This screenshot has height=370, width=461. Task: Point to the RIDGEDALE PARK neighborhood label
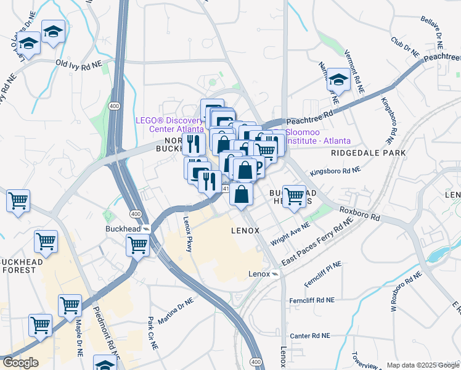pyautogui.click(x=368, y=152)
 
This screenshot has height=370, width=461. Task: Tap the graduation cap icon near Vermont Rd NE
pyautogui.click(x=338, y=78)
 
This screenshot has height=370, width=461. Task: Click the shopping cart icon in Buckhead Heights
pyautogui.click(x=294, y=196)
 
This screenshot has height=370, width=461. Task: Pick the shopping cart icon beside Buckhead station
pyautogui.click(x=137, y=244)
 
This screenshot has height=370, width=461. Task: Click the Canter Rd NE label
pyautogui.click(x=310, y=336)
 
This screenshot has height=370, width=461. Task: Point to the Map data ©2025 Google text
pyautogui.click(x=422, y=365)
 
